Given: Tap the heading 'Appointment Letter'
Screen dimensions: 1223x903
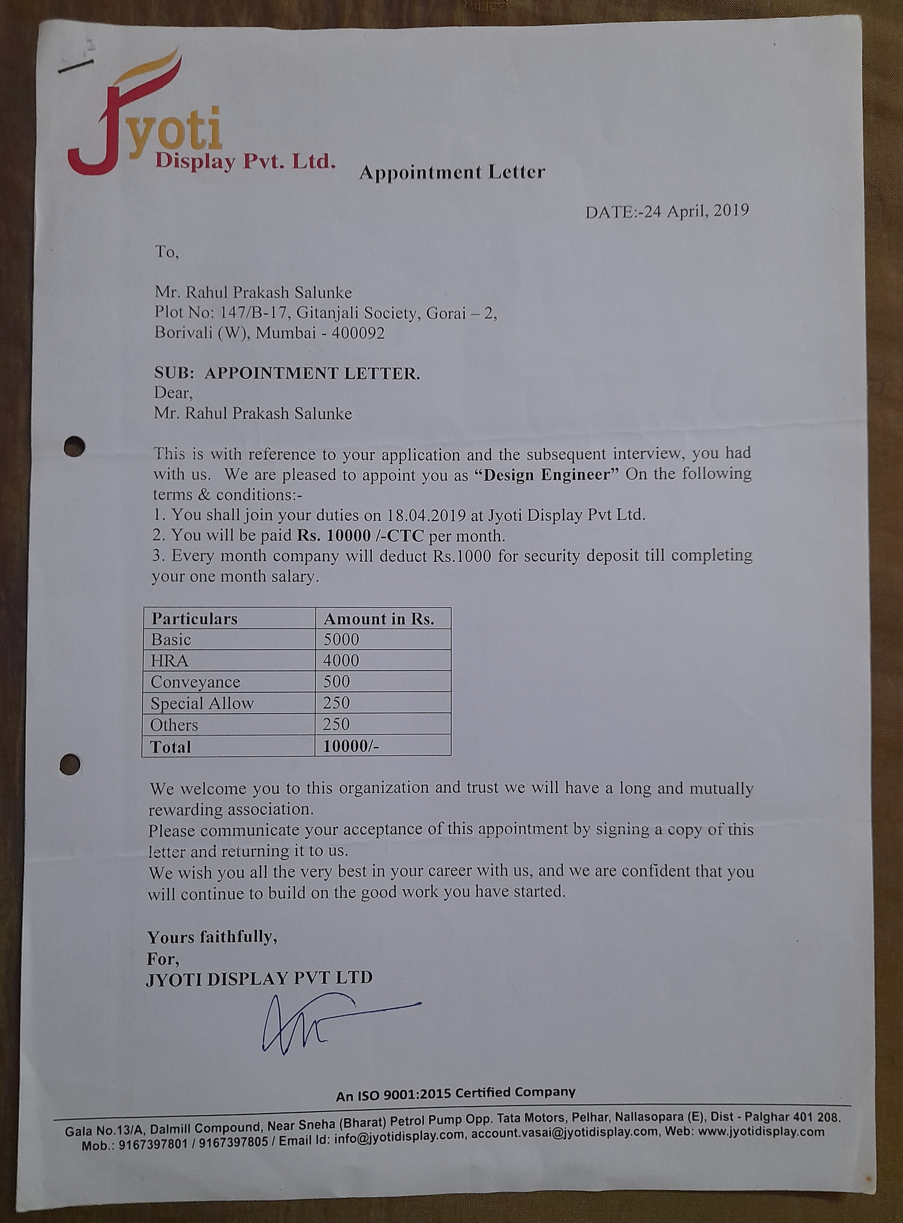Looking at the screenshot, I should (x=452, y=173).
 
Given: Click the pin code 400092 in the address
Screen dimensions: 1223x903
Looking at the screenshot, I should (x=358, y=333).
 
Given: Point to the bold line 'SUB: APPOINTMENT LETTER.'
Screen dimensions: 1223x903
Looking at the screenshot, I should (x=287, y=374).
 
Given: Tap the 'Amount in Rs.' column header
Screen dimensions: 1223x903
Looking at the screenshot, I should (x=379, y=619).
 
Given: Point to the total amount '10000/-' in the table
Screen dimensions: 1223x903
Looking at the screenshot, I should (x=350, y=746).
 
